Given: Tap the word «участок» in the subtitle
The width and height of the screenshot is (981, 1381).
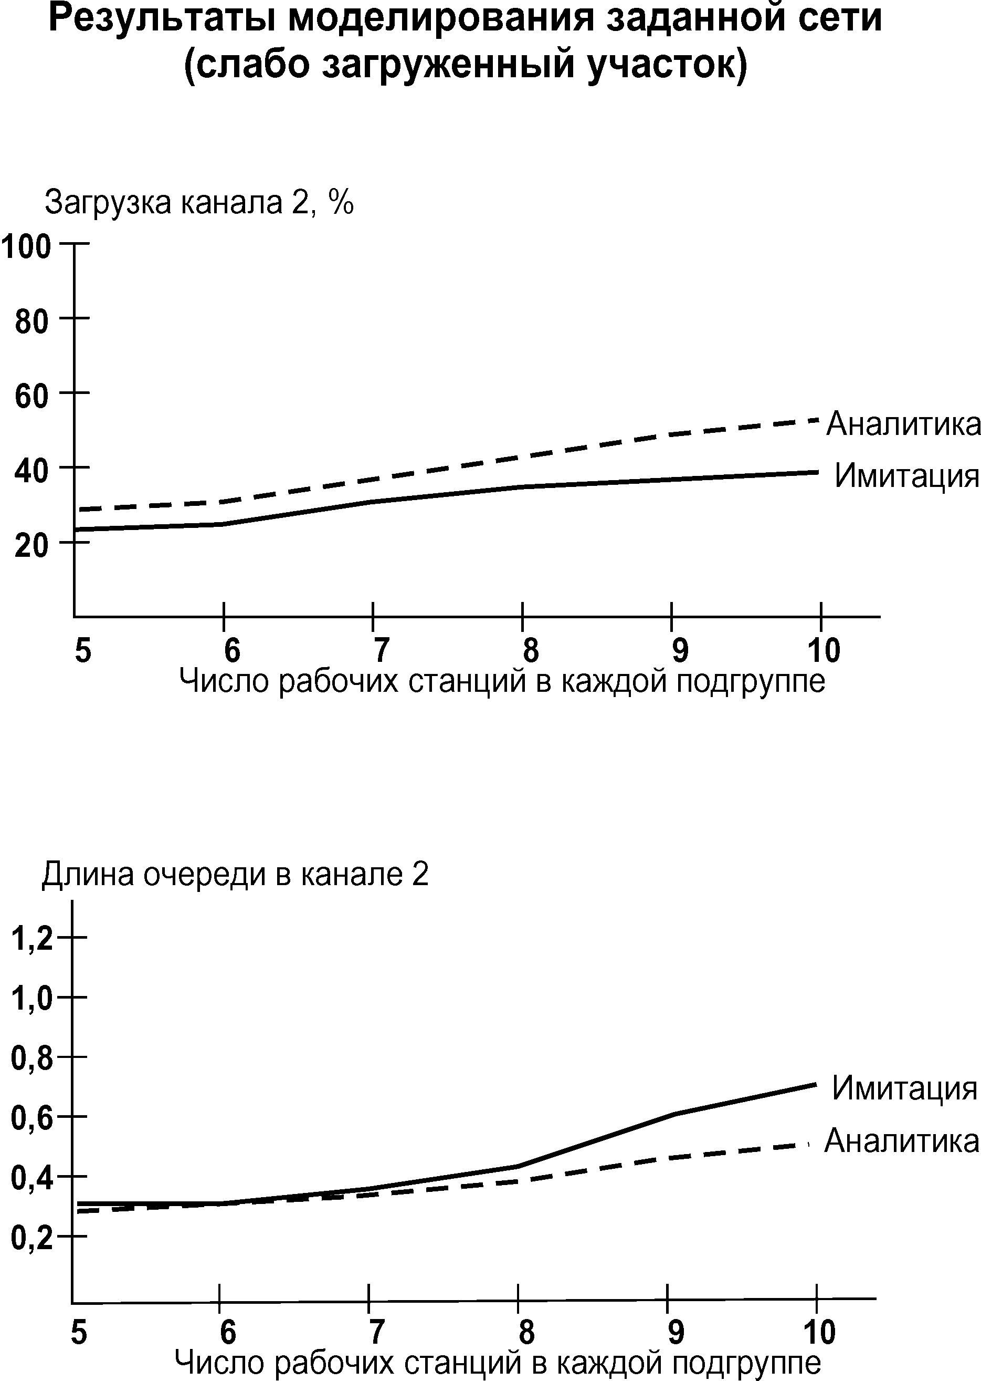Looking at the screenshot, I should point(667,65).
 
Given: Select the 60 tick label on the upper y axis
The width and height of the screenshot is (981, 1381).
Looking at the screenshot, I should point(31,397).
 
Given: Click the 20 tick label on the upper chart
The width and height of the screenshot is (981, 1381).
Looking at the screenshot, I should point(31,546).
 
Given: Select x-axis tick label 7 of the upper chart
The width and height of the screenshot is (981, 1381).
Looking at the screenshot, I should point(381,650).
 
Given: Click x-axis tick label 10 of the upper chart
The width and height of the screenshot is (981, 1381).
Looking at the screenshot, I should point(824,650).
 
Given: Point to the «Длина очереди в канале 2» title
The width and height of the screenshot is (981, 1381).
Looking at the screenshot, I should point(235,874).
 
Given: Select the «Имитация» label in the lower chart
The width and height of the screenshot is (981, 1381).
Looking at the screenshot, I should point(904,1088).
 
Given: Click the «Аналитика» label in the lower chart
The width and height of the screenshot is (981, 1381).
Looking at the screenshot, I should point(901,1140).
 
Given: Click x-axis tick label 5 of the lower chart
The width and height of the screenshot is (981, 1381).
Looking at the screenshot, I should point(79,1332).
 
